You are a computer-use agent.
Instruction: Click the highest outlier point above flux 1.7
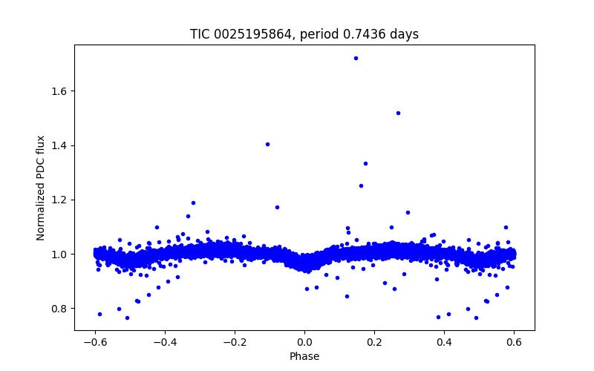click(x=356, y=58)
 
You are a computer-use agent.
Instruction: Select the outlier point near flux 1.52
click(x=398, y=113)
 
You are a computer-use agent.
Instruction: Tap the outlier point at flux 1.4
click(x=267, y=144)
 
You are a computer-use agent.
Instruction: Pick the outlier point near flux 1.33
click(x=365, y=163)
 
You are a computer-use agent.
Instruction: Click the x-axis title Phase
click(x=304, y=356)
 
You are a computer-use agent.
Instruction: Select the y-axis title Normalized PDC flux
click(x=41, y=188)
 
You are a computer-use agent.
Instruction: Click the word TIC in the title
click(x=200, y=35)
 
